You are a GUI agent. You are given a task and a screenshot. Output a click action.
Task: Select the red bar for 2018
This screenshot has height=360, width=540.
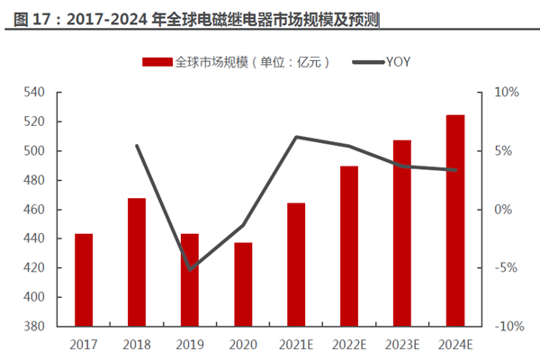[137, 262]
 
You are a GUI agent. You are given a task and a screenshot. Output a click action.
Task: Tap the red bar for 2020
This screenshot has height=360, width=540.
[243, 284]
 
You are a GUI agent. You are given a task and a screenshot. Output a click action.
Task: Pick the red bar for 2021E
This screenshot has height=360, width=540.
[296, 265]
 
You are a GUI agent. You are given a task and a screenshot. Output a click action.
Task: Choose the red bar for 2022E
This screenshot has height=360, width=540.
[349, 246]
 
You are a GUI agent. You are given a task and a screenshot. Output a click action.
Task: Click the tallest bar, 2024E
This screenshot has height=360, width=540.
[455, 220]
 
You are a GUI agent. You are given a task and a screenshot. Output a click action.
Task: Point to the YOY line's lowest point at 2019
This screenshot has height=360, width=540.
[190, 269]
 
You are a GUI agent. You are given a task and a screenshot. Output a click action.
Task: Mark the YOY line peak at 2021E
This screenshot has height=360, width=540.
[296, 137]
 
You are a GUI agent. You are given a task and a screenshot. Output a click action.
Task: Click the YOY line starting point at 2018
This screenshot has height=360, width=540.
[137, 146]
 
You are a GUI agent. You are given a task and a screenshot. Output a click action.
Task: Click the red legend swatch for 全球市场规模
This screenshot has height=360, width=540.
[157, 62]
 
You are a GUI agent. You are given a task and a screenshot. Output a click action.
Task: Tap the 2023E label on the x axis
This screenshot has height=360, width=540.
[402, 344]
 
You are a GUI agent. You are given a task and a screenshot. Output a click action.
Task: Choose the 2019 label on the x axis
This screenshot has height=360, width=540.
[190, 344]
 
